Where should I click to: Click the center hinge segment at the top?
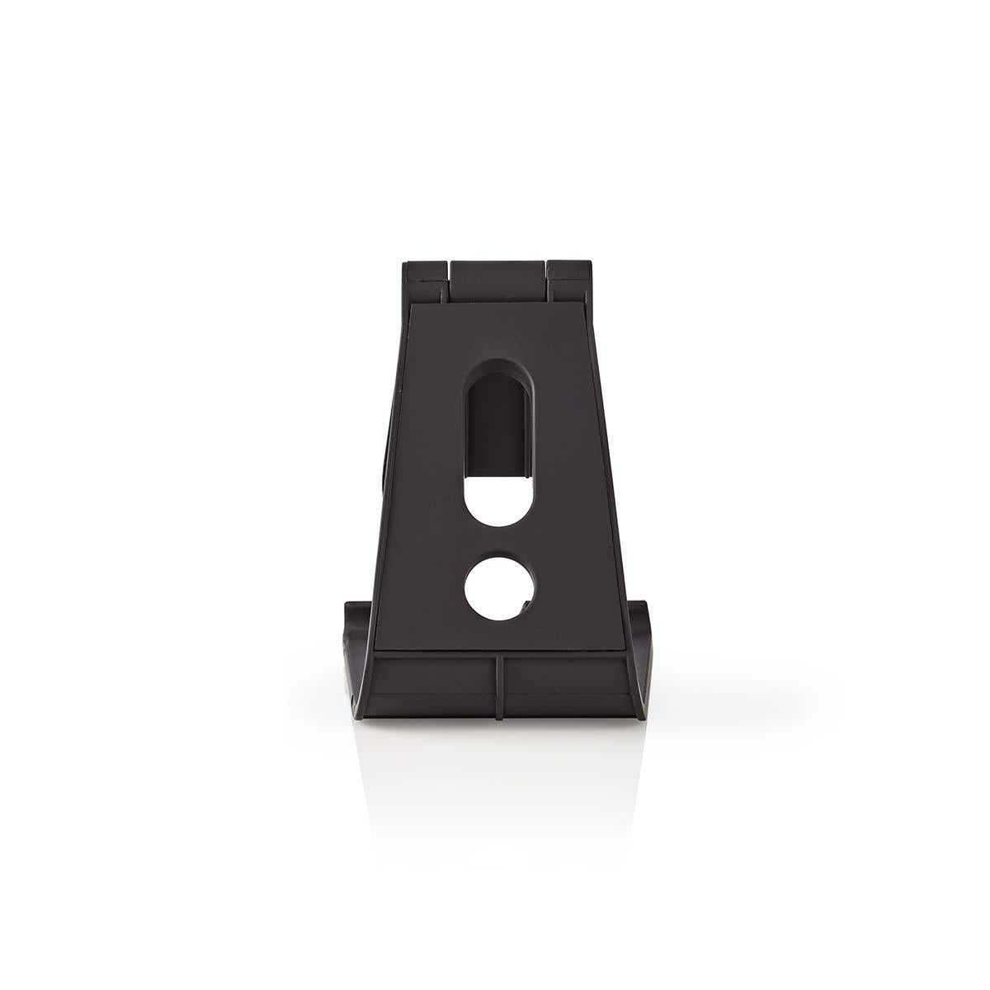pyautogui.click(x=497, y=280)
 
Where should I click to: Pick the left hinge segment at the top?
pyautogui.click(x=426, y=280)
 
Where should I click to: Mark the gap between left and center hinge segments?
pyautogui.click(x=450, y=280)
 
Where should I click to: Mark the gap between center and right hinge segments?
pyautogui.click(x=545, y=280)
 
